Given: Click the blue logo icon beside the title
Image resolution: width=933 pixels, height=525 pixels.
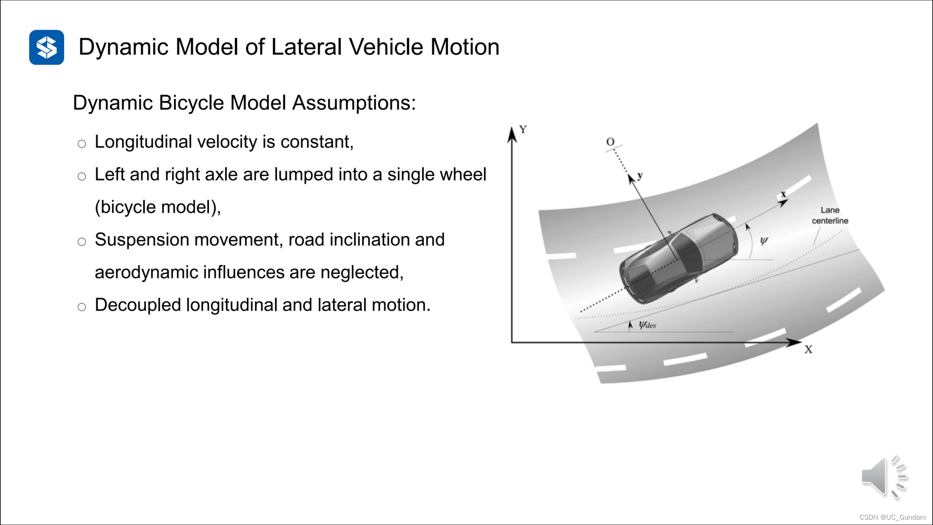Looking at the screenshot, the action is point(47,47).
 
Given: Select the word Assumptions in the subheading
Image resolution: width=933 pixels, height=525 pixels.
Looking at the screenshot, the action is point(354,103).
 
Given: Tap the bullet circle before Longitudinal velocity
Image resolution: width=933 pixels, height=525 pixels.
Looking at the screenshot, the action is point(82,144).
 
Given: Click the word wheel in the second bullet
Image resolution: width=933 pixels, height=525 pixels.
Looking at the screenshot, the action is point(463,175).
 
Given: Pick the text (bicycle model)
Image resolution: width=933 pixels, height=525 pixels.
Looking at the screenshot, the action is point(157,207).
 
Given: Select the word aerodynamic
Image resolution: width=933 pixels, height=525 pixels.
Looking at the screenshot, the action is point(146,272).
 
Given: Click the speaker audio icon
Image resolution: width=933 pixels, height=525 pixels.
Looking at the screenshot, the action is point(883,477).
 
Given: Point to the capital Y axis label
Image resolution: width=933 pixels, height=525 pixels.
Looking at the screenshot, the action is point(523,129).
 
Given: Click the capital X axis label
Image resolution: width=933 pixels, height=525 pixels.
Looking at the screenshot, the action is point(808,350).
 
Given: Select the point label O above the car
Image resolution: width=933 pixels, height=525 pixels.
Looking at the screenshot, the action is point(610,141).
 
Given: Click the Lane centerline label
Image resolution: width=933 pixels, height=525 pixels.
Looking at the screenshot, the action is point(830,215).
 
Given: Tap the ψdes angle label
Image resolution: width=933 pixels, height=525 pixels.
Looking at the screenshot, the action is point(647,325).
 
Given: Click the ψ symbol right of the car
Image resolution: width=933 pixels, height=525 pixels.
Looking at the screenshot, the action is point(764,241).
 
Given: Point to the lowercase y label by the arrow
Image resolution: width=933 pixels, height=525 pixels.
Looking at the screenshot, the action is point(640,175).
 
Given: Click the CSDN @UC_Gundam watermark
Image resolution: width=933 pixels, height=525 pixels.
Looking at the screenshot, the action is point(892,517).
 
